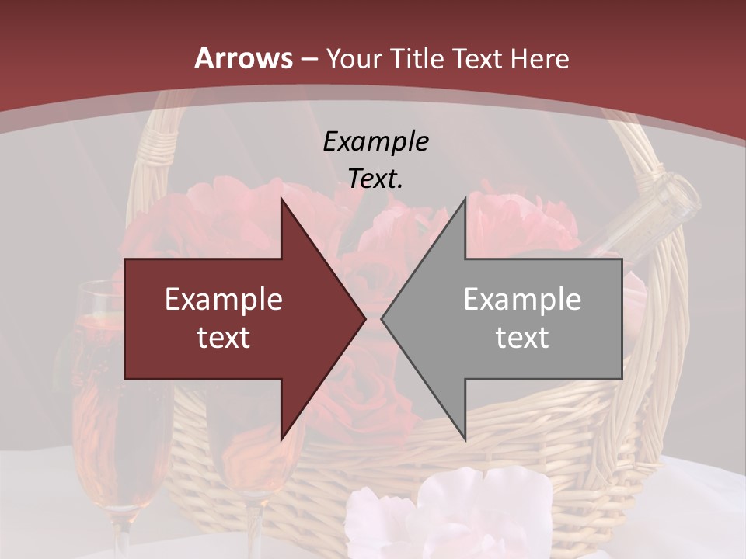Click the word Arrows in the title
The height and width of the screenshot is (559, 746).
pyautogui.click(x=243, y=58)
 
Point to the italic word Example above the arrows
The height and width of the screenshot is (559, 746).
pyautogui.click(x=375, y=141)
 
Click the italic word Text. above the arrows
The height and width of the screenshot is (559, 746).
pyautogui.click(x=375, y=179)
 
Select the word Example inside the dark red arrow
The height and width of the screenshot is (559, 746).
pyautogui.click(x=224, y=300)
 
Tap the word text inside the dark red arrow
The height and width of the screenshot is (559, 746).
pyautogui.click(x=224, y=338)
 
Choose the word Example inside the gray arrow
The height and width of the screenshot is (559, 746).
pyautogui.click(x=522, y=300)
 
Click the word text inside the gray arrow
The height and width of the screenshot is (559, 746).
pyautogui.click(x=522, y=338)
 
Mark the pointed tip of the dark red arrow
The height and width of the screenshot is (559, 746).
pyautogui.click(x=364, y=318)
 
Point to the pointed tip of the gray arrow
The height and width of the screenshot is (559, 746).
pyautogui.click(x=382, y=318)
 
